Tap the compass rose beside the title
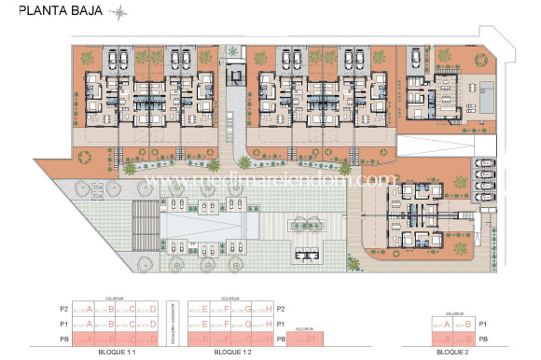click(x=118, y=12)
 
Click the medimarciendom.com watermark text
click(x=270, y=180)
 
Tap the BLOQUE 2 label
click(x=452, y=353)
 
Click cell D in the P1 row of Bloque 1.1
click(x=151, y=324)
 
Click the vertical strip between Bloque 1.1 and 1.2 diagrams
click(x=173, y=324)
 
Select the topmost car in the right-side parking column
click(x=483, y=163)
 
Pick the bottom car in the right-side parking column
click(x=483, y=197)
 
